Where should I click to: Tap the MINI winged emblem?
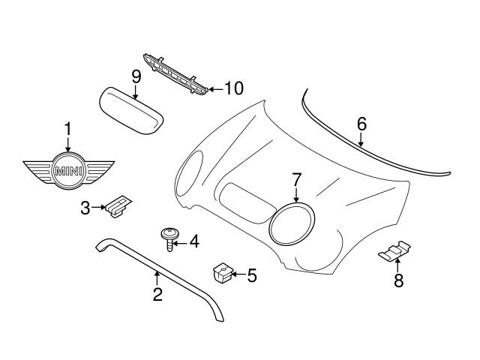67,171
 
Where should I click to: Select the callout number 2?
157,295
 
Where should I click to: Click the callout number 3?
85,208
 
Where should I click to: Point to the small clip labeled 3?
118,207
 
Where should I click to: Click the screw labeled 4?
169,239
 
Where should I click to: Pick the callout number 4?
193,241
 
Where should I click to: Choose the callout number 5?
251,276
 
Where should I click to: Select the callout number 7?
296,180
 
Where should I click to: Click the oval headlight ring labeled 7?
292,224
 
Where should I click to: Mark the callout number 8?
398,281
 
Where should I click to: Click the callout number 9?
136,76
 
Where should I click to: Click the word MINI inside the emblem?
67,171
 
